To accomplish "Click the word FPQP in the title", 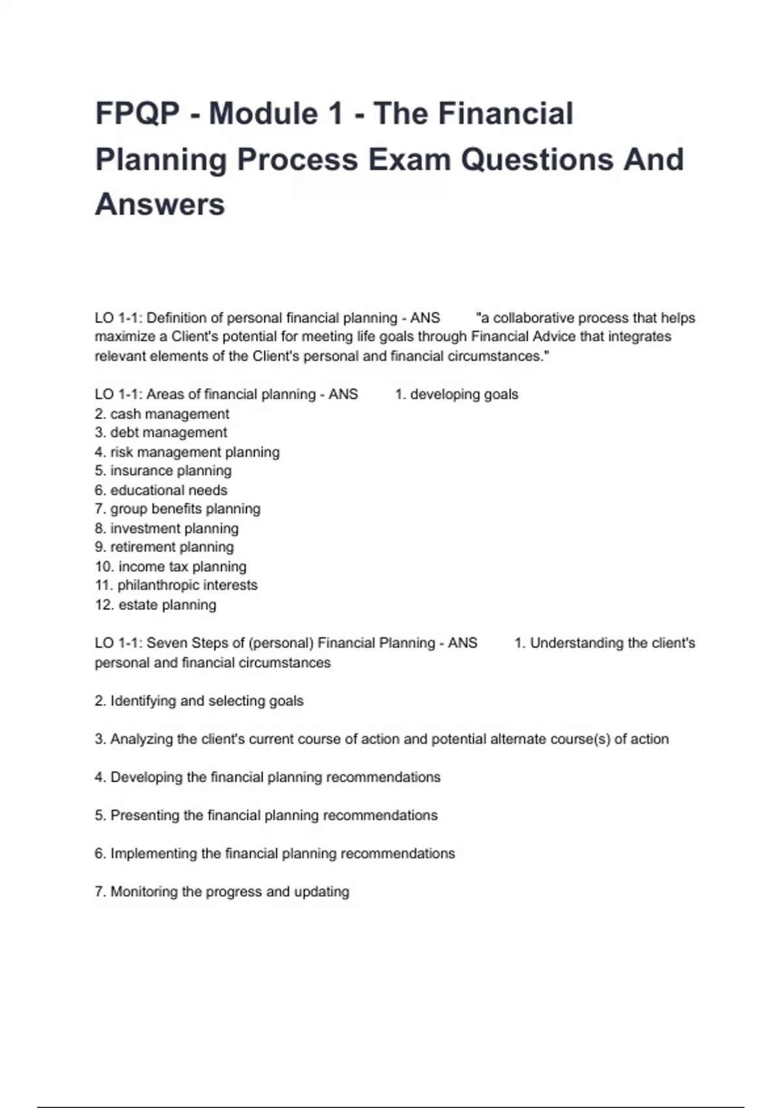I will (x=138, y=113).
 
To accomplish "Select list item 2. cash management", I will (x=162, y=414).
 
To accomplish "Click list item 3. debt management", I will (x=161, y=433).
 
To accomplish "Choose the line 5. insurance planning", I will (x=163, y=471).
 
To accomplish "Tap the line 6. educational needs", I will (x=161, y=490).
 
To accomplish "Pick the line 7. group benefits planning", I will (x=177, y=509).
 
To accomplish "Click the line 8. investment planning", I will (x=167, y=528).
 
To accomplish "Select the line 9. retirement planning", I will (x=164, y=547).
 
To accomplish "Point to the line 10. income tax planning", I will (x=171, y=566).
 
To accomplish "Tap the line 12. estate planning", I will (x=156, y=605).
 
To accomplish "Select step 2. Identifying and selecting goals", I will (x=199, y=701).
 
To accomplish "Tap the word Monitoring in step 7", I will (x=144, y=892).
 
